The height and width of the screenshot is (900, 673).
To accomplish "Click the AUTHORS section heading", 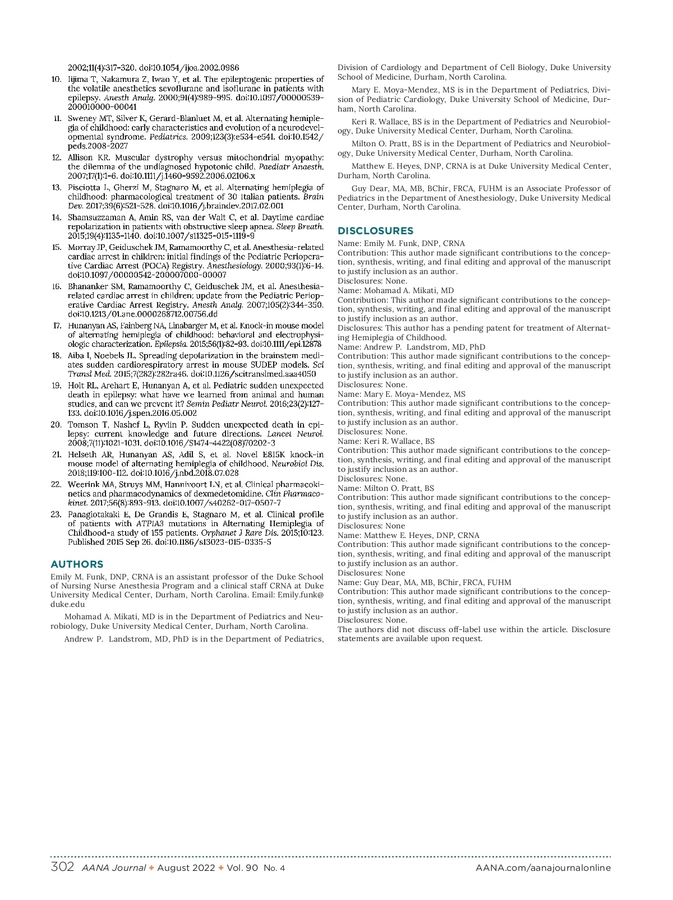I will pyautogui.click(x=77, y=564).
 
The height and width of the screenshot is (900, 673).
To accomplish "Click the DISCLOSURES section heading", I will pyautogui.click(x=375, y=231).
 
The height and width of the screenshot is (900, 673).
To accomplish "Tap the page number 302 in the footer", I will pyautogui.click(x=62, y=867).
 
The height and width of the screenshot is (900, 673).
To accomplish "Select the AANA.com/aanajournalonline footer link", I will pyautogui.click(x=543, y=868).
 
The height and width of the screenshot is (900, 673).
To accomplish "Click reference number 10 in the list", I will pyautogui.click(x=56, y=79).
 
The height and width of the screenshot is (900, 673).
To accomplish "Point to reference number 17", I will pyautogui.click(x=57, y=326).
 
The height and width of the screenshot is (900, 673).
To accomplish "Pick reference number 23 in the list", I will pyautogui.click(x=56, y=514).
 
